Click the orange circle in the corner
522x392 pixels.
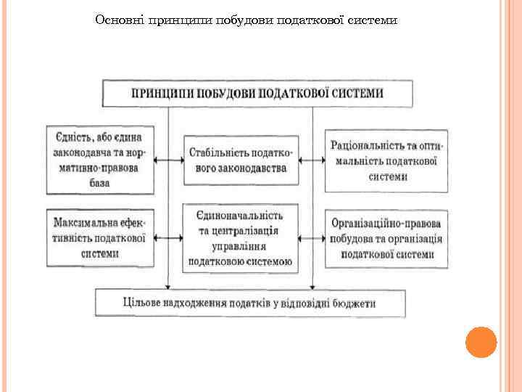481,342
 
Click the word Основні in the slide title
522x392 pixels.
118,20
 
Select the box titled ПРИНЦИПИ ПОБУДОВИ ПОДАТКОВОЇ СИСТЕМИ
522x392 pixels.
257,94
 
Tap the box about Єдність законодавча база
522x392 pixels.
99,160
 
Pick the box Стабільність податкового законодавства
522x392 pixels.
241,160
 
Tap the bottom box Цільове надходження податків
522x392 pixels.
250,303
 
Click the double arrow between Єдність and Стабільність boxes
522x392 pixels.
168,160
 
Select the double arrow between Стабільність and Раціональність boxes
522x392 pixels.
312,160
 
